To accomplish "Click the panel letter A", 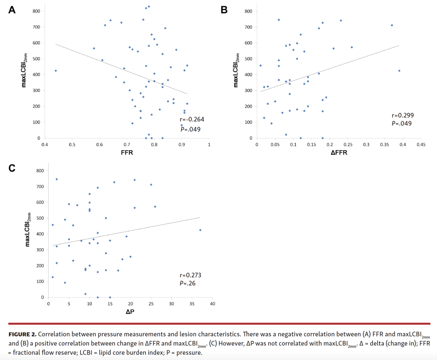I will tap(12, 10).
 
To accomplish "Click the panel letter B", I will tap(224, 10).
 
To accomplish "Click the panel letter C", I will tap(12, 168).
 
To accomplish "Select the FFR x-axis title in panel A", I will tap(127, 153).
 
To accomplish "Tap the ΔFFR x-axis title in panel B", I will tap(339, 153).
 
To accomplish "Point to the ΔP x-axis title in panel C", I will tap(130, 312).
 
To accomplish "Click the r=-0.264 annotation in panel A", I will tap(192, 119).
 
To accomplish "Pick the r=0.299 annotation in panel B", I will tap(403, 115).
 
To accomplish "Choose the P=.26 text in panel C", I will tap(188, 283).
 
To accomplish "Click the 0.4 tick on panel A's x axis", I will tap(45, 145).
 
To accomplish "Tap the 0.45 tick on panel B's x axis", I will tap(421, 145).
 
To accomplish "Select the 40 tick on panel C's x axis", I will tap(212, 304).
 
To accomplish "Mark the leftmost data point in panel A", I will tap(56, 71).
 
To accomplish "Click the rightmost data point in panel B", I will tap(399, 71).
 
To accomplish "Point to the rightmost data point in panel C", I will tap(200, 230).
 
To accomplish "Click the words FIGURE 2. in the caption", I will tap(22, 334).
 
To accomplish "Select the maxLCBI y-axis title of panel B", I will tap(236, 70).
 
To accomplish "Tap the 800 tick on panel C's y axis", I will tap(40, 171).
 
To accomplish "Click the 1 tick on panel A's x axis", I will tap(209, 145).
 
